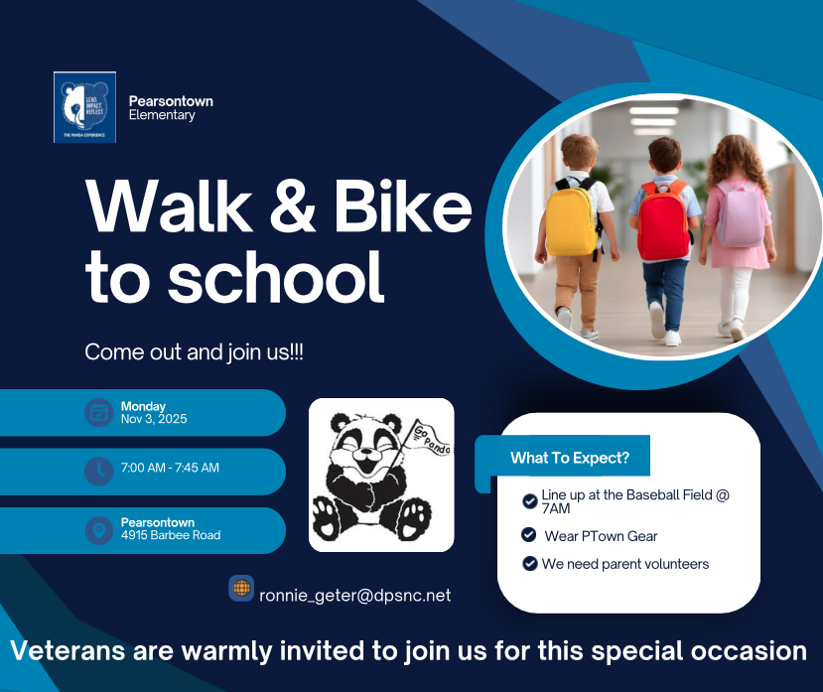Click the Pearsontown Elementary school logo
(x=84, y=107)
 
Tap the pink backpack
(x=741, y=213)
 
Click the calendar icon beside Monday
(x=98, y=412)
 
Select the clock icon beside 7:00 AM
(x=98, y=471)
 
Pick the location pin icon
(x=98, y=530)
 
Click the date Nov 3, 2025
(x=154, y=419)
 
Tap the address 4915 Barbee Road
(x=171, y=535)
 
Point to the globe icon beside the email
(x=241, y=588)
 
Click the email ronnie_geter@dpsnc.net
(x=355, y=596)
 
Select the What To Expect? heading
(x=569, y=458)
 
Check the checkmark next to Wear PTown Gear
(x=529, y=535)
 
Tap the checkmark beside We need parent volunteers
(x=529, y=564)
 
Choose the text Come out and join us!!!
(x=194, y=352)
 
